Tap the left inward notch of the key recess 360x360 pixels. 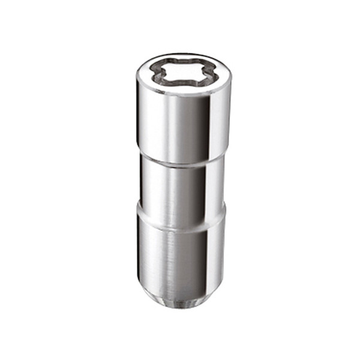pos(157,73)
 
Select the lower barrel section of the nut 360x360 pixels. pos(180,252)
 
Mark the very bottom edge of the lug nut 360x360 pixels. pos(180,307)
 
